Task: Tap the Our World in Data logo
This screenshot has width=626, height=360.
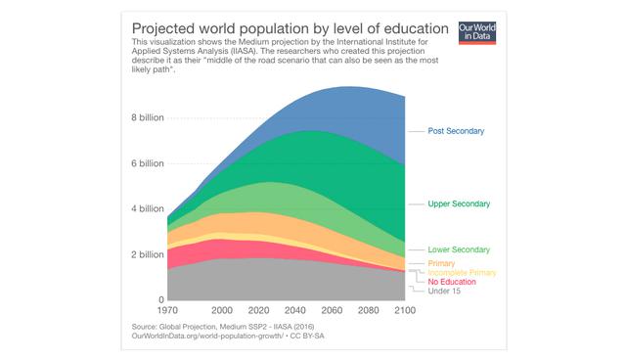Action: pyautogui.click(x=477, y=30)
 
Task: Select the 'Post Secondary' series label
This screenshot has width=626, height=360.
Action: pyautogui.click(x=456, y=131)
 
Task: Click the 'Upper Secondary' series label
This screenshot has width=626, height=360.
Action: pyautogui.click(x=459, y=203)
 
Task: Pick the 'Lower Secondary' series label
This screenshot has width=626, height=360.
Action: pyautogui.click(x=459, y=249)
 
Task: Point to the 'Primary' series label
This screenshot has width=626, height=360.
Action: pyautogui.click(x=442, y=264)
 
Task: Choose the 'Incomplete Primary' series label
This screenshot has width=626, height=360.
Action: pyautogui.click(x=463, y=273)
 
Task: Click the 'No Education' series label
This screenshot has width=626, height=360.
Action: pyautogui.click(x=452, y=282)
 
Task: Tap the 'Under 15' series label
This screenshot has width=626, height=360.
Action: pyautogui.click(x=445, y=291)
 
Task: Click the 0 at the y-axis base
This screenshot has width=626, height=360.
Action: pyautogui.click(x=160, y=299)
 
